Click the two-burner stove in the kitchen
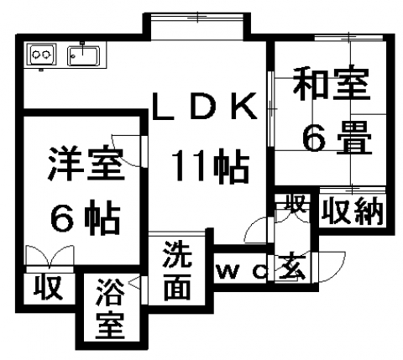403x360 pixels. (42, 55)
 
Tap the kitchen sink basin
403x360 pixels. (83, 56)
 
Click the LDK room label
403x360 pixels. (204, 107)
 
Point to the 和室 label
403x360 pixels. (332, 83)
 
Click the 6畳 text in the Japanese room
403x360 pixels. (338, 138)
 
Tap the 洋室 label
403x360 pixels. (86, 163)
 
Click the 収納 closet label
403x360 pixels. (352, 211)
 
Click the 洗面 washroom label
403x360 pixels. (178, 270)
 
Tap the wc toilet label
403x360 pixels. (242, 271)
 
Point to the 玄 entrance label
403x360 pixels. (291, 266)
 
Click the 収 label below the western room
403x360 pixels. (48, 288)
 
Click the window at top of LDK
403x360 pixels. (196, 17)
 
